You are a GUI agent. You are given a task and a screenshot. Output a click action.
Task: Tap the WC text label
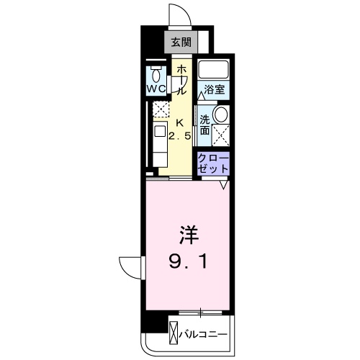pyautogui.click(x=157, y=89)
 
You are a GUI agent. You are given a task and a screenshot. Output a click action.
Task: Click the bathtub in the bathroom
pyautogui.click(x=212, y=71)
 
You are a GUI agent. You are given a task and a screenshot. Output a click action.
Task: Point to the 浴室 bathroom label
pyautogui.click(x=214, y=90)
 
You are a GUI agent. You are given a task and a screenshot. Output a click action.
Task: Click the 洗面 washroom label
pyautogui.click(x=205, y=125)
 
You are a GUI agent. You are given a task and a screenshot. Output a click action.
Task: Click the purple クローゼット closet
pyautogui.click(x=214, y=163)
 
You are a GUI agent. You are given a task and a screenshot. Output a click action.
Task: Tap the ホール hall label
pyautogui.click(x=182, y=79)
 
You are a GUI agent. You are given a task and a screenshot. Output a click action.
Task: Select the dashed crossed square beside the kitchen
pyautogui.click(x=160, y=109)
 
